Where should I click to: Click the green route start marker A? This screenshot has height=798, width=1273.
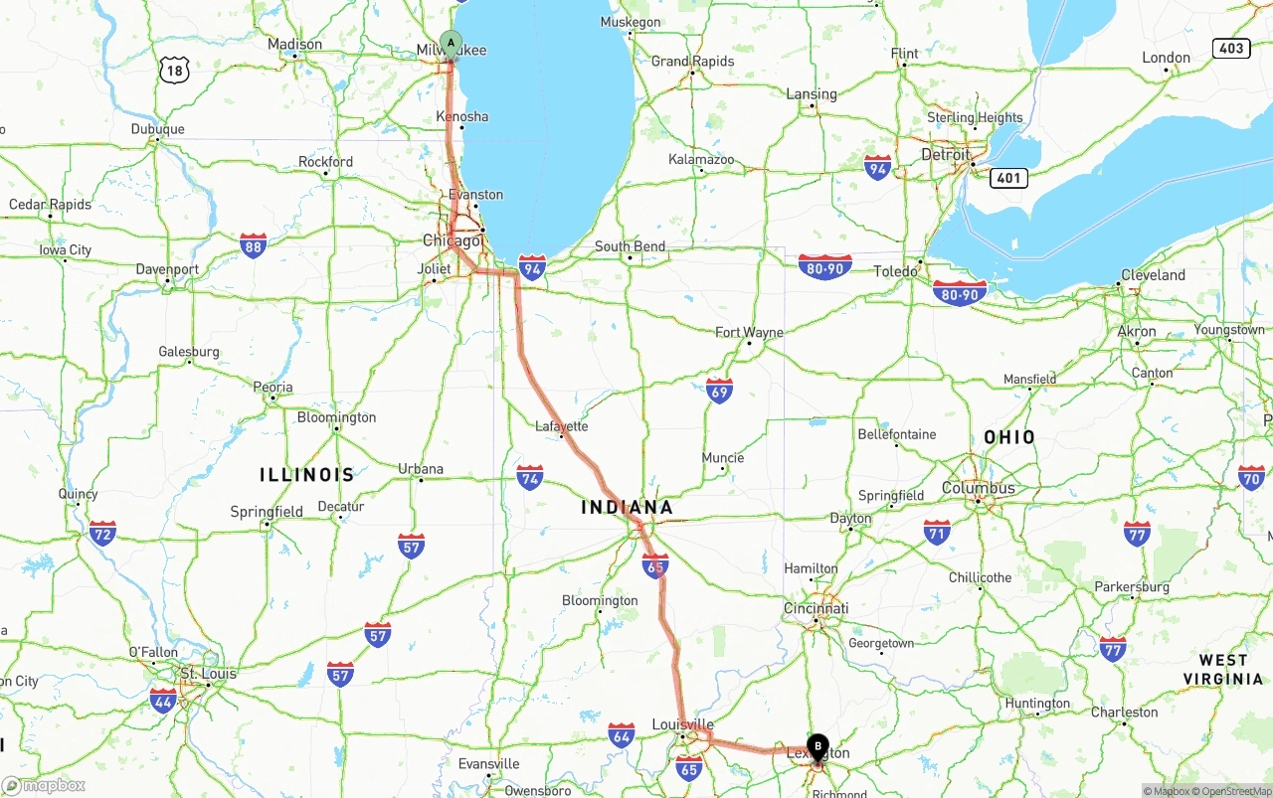click(451, 44)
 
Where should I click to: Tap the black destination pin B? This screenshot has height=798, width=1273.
click(818, 746)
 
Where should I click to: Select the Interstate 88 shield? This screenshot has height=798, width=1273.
click(253, 245)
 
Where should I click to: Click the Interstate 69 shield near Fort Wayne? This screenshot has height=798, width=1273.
click(719, 390)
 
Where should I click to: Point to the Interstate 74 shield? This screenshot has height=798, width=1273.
click(530, 478)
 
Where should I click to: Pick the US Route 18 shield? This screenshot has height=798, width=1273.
click(174, 69)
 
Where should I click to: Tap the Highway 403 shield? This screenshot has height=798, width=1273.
click(1231, 48)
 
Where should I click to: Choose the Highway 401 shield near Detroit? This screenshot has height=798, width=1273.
click(1008, 178)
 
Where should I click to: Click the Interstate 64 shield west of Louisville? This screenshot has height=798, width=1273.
click(622, 735)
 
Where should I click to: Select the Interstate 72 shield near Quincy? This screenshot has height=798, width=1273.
click(102, 533)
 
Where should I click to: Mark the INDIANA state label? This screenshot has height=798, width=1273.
click(627, 508)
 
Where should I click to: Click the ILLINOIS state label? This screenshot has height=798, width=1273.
click(306, 475)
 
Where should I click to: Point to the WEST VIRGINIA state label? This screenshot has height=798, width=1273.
click(1223, 670)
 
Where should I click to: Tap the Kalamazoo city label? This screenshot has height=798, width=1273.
click(701, 159)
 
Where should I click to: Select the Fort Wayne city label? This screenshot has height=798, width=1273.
click(749, 332)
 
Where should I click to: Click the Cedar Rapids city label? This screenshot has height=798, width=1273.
click(50, 205)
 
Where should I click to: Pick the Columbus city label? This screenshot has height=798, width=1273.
click(979, 488)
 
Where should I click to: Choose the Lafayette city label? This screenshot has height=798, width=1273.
click(562, 426)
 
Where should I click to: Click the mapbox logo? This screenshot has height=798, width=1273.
click(44, 785)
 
